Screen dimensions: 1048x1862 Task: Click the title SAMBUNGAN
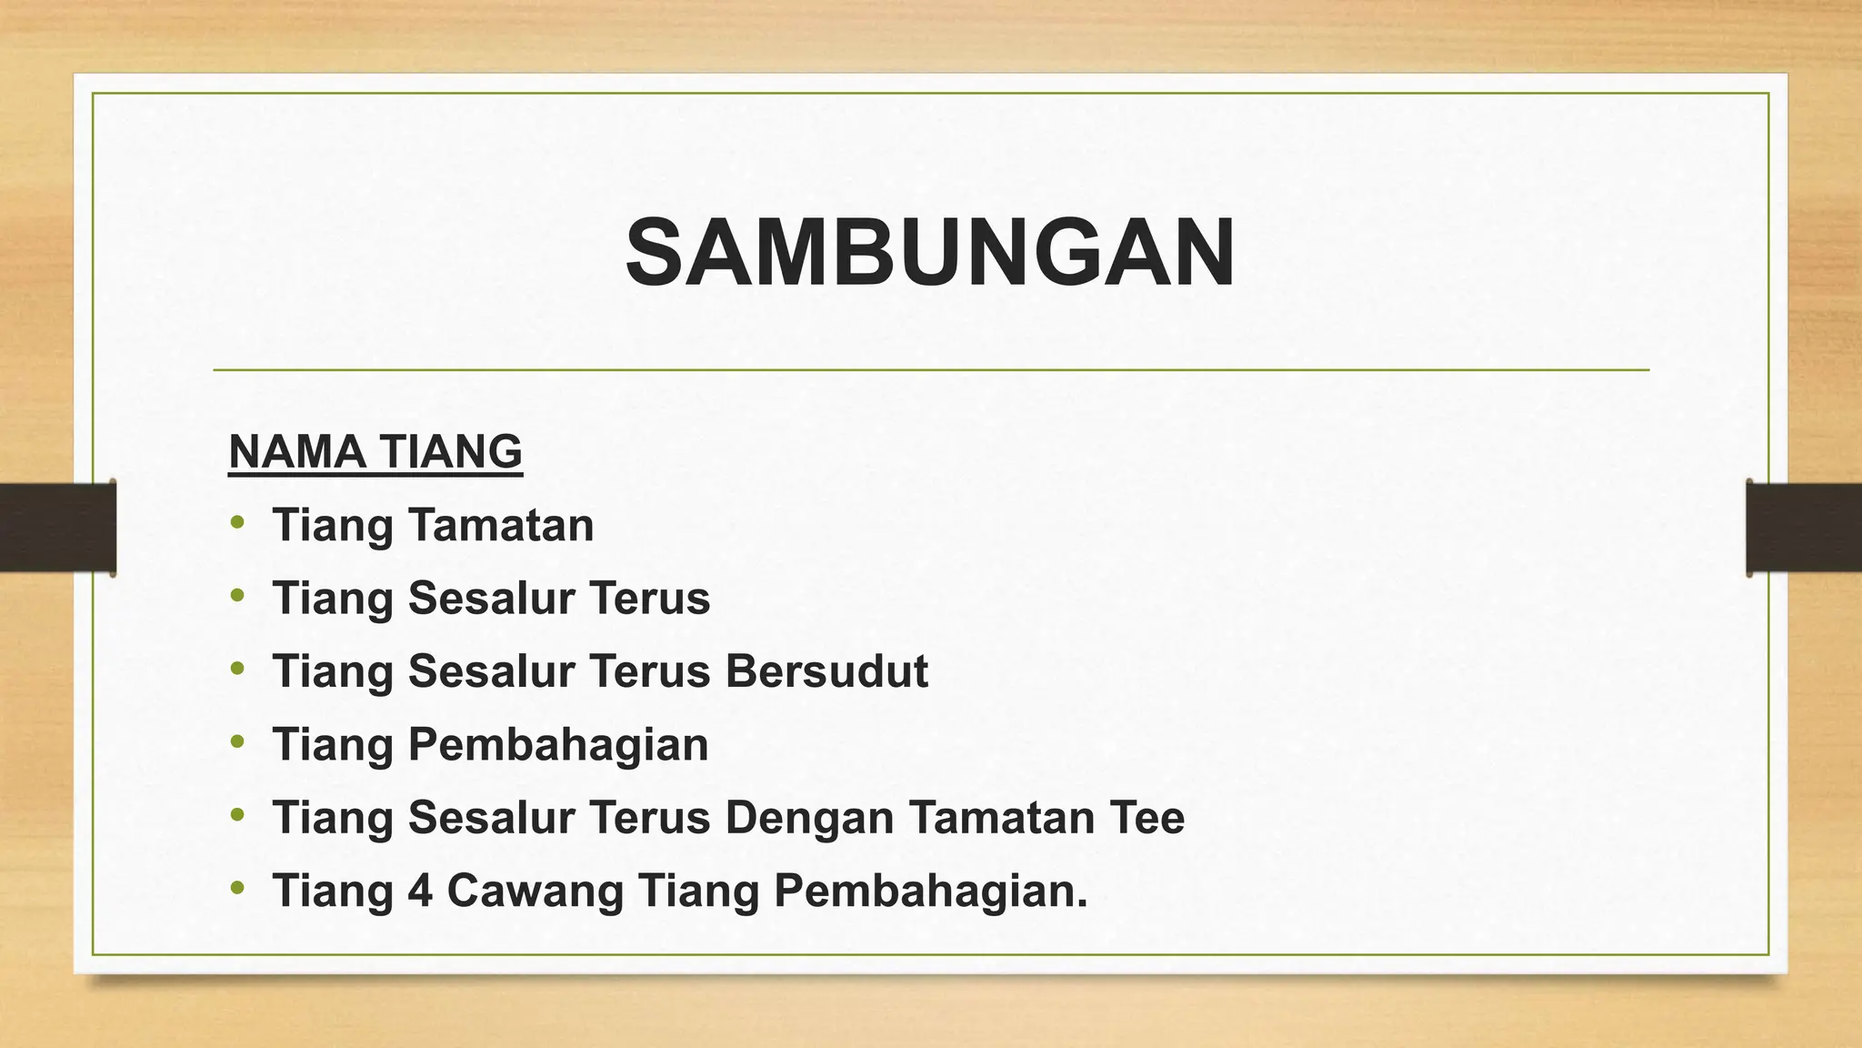pos(930,253)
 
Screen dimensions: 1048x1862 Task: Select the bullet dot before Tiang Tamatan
pos(238,522)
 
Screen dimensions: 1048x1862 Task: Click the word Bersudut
pos(826,671)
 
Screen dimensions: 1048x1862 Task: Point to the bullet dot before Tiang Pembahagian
pos(238,741)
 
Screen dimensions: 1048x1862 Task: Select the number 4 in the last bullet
pos(419,890)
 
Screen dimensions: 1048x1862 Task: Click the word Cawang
pos(535,890)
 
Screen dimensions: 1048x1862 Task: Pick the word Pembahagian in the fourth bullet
pos(557,744)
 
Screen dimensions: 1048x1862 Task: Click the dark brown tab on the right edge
pos(1804,528)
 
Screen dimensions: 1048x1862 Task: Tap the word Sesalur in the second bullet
pos(491,599)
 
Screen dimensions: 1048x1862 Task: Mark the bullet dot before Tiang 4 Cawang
pos(238,887)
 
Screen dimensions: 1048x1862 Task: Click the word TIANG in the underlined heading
pos(450,451)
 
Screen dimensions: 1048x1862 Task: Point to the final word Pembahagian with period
pos(930,890)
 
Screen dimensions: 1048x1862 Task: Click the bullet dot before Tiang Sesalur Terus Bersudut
pos(238,669)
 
